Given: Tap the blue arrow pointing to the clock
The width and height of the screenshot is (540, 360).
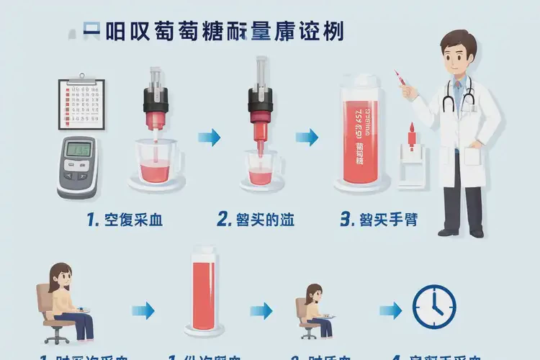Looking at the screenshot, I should coord(391,310).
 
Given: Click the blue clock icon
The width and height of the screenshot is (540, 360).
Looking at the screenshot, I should coord(434,307).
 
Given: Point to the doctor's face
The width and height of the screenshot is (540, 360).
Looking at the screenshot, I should coord(459,55).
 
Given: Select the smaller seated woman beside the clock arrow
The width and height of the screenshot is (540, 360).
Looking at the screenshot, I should coord(315,310).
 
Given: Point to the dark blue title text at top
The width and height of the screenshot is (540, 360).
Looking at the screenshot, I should coord(213,32).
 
